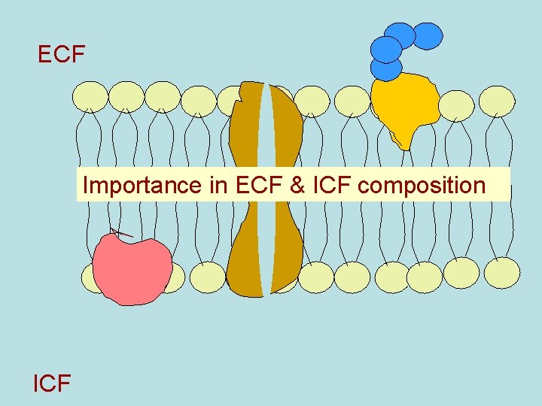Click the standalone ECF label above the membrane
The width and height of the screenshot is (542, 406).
(x=62, y=55)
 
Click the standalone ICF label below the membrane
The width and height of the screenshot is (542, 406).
(x=52, y=383)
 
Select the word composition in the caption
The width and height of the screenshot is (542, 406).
(x=422, y=186)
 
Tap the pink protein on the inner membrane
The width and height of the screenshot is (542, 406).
(x=133, y=269)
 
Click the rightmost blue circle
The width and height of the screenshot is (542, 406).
(x=428, y=35)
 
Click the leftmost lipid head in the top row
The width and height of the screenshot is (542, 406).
(x=90, y=96)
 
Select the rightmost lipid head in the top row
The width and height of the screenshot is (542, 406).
(x=497, y=101)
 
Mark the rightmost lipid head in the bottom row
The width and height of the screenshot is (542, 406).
(x=501, y=273)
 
